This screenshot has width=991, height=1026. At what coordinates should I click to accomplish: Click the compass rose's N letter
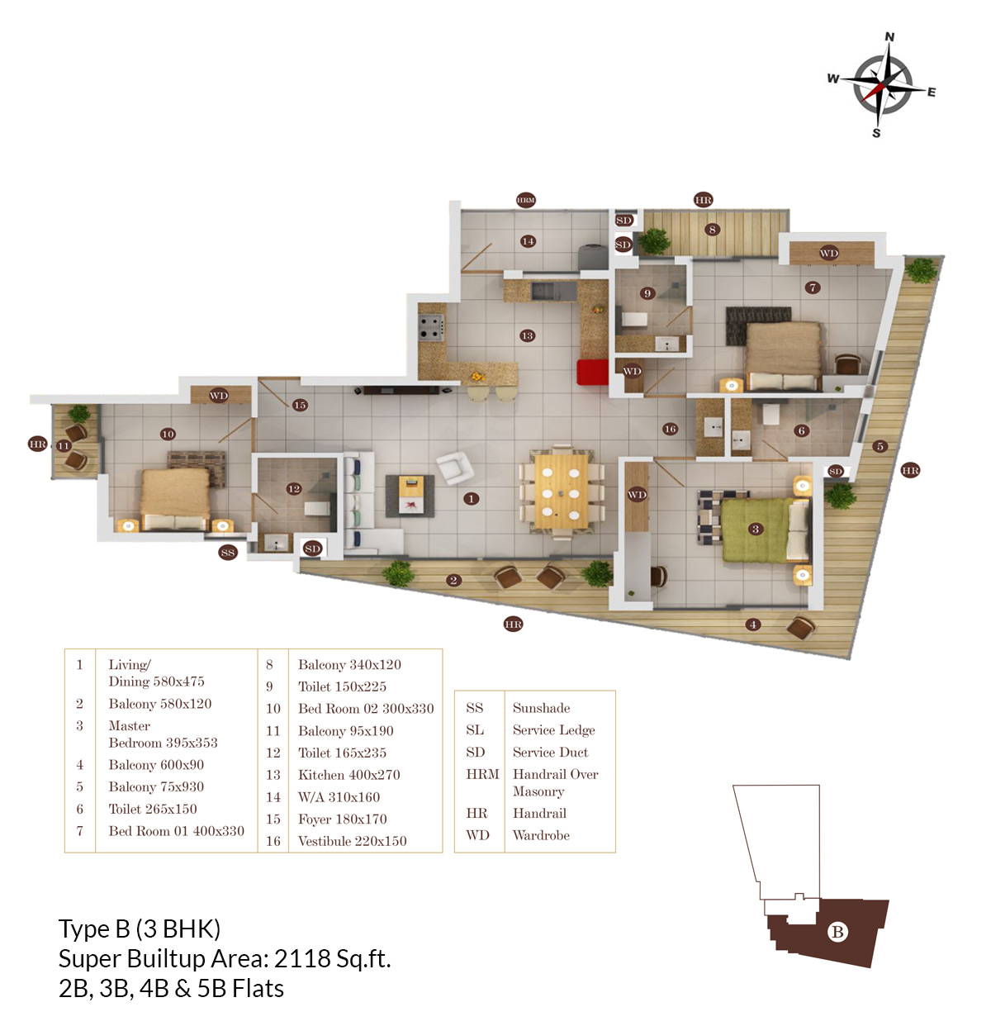coord(889,36)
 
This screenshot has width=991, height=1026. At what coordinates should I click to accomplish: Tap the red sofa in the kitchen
coord(592,372)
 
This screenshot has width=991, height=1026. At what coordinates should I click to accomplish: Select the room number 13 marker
coord(527,335)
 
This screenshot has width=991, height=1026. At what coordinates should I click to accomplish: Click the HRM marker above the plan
coord(525,200)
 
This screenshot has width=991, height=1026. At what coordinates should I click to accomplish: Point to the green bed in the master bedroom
coord(757,530)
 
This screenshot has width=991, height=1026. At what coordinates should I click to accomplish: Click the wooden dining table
coord(561,491)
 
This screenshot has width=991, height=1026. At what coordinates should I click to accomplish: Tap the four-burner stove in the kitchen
coord(430,327)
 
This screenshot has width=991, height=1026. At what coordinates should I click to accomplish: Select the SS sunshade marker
coord(228,552)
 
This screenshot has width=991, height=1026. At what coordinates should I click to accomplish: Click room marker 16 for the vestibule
coord(670,429)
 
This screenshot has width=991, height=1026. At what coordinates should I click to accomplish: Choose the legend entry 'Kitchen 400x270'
coord(349,775)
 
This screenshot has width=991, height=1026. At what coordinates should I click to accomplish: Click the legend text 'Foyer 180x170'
coord(342,819)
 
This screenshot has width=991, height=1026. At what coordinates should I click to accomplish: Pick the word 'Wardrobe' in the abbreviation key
coord(541,835)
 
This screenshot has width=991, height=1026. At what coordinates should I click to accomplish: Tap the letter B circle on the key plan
coord(837,932)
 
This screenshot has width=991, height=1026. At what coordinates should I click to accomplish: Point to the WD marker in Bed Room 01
coord(828,253)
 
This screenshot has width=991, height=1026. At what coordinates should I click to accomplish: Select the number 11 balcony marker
coord(64,445)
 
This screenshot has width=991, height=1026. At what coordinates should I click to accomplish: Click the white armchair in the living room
coord(454,467)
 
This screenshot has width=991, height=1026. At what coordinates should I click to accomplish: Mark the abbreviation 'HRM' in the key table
coord(482,774)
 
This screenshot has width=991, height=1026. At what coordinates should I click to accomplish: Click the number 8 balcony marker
coord(712,230)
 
